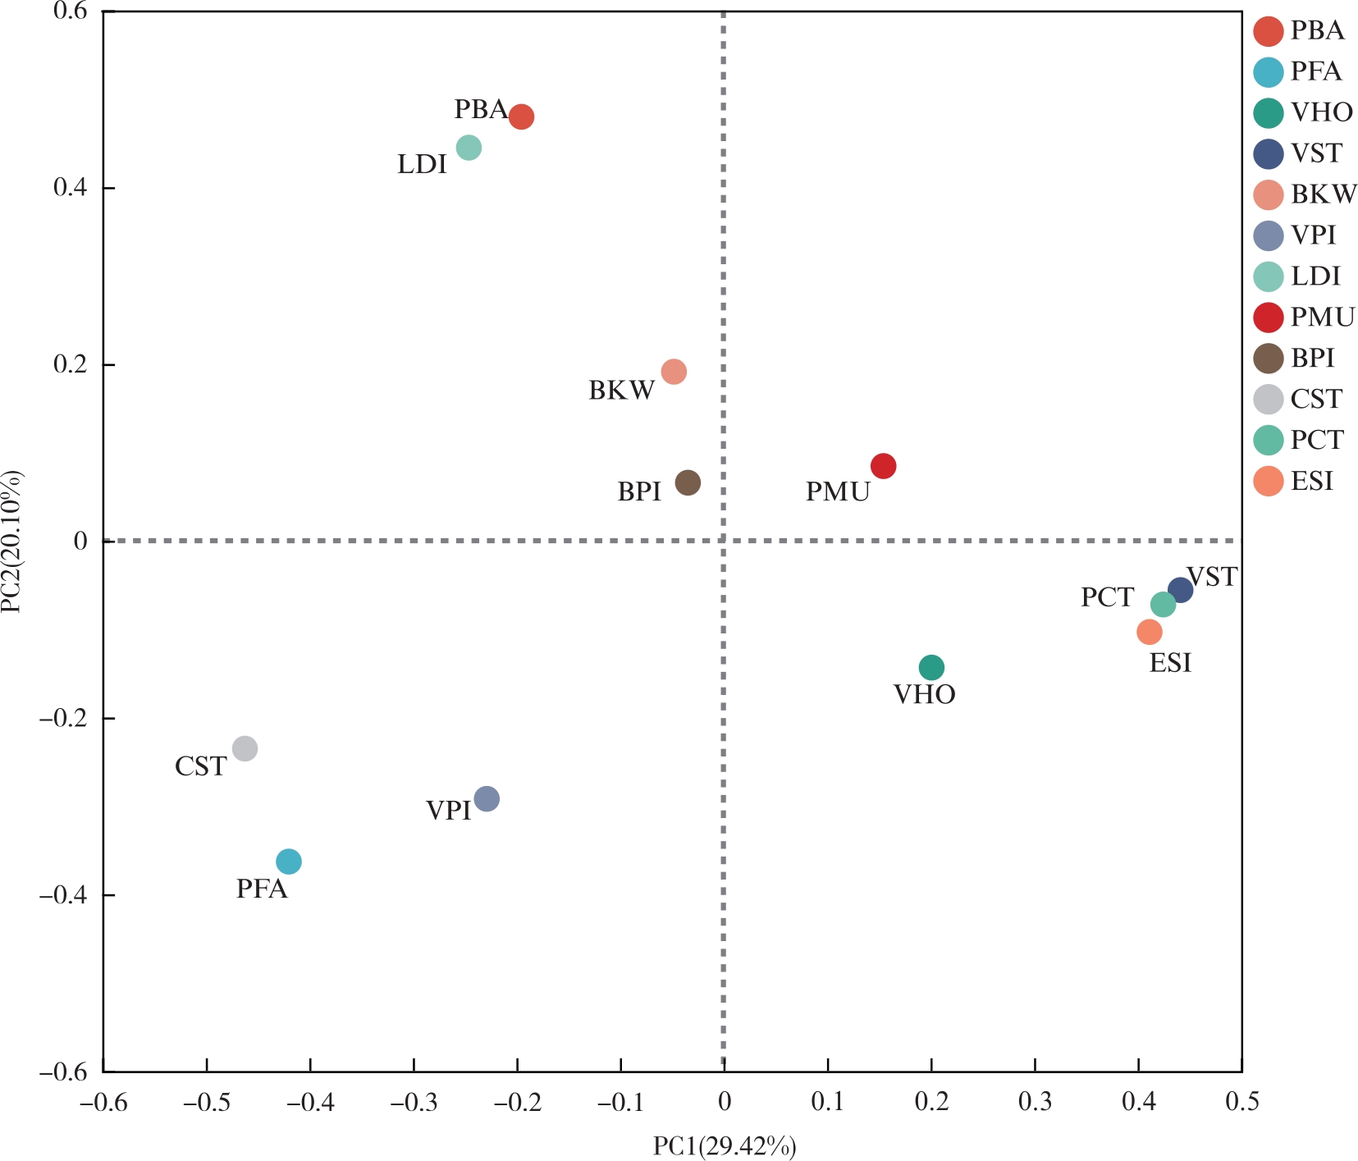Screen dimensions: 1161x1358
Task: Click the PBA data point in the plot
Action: pyautogui.click(x=521, y=117)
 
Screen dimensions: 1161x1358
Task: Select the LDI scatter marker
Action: pyautogui.click(x=468, y=148)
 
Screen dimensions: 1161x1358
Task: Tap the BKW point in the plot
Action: pyautogui.click(x=674, y=372)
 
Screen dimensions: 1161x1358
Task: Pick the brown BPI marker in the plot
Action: pyautogui.click(x=688, y=482)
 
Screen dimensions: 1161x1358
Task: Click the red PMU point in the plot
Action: pyautogui.click(x=883, y=466)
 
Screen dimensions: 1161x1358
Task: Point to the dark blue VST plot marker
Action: pyautogui.click(x=1180, y=589)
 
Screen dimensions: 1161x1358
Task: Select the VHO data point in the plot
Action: pyautogui.click(x=931, y=667)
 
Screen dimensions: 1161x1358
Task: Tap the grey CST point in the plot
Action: pyautogui.click(x=245, y=748)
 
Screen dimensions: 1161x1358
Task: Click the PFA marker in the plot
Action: pyautogui.click(x=289, y=862)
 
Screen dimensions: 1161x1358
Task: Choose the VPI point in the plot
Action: pyautogui.click(x=487, y=798)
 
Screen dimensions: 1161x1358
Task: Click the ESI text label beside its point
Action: pyautogui.click(x=1170, y=663)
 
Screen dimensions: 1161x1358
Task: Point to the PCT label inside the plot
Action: pyautogui.click(x=1107, y=597)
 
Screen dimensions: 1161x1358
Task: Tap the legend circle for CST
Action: pyautogui.click(x=1269, y=400)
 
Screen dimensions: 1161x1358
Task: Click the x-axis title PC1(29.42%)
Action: pyautogui.click(x=725, y=1146)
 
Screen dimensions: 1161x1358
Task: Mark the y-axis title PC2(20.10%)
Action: pyautogui.click(x=12, y=542)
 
